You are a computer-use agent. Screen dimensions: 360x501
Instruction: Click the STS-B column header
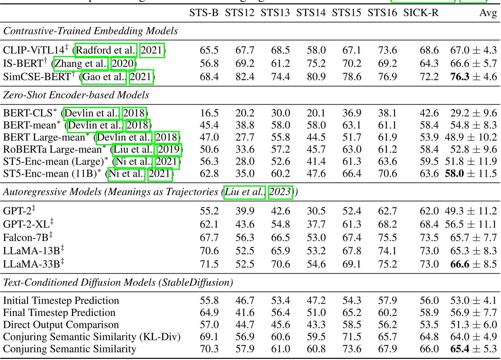tap(204, 13)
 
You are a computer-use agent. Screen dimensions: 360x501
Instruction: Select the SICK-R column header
tap(421, 13)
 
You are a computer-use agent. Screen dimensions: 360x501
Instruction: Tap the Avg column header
tap(488, 13)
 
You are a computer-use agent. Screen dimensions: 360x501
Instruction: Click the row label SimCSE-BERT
tap(37, 77)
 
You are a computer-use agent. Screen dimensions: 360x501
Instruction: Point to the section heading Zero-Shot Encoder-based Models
tap(76, 95)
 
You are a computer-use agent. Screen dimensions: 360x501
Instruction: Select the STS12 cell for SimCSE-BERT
tap(245, 77)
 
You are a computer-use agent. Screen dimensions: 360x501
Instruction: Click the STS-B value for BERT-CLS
tap(209, 113)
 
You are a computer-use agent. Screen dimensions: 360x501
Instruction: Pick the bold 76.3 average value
tap(460, 77)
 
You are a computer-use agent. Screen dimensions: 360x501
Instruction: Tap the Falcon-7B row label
tap(26, 237)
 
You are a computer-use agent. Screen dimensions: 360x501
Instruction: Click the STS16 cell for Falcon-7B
tap(387, 237)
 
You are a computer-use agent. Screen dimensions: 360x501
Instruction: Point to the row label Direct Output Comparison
tap(61, 325)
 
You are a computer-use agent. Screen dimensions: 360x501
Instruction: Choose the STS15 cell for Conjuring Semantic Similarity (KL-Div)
tap(352, 337)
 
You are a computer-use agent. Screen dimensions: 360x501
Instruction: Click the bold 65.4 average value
tap(460, 349)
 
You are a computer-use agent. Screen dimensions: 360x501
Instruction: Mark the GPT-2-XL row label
tap(26, 224)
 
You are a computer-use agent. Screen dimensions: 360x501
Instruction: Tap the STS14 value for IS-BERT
tap(316, 63)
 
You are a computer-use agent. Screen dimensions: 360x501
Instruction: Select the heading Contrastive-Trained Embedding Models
tap(90, 31)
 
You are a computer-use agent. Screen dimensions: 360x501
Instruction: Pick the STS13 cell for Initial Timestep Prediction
tap(280, 301)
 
